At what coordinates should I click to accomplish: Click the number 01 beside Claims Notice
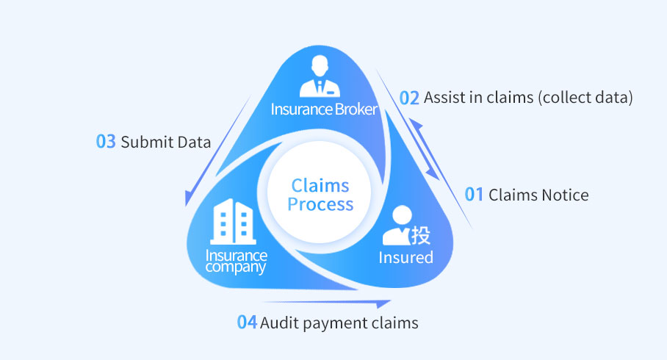[475, 195]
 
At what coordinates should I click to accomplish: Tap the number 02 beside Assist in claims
[409, 98]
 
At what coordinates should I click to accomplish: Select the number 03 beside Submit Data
[106, 142]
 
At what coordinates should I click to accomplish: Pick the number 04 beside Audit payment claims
[247, 323]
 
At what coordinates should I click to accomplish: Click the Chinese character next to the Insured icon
[420, 235]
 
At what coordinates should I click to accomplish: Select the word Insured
[405, 257]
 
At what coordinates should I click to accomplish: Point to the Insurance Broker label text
[324, 109]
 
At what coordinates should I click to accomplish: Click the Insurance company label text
[236, 262]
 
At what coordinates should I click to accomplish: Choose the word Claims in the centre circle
[320, 185]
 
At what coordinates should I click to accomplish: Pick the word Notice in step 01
[565, 195]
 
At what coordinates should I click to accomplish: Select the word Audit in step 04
[278, 323]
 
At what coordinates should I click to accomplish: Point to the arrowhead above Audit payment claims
[383, 303]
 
